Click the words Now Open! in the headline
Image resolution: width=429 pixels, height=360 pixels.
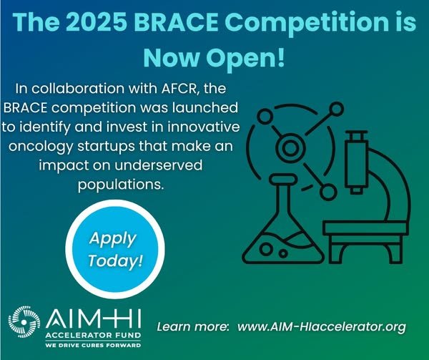214,58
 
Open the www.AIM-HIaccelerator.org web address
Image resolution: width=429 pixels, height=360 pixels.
322,327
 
